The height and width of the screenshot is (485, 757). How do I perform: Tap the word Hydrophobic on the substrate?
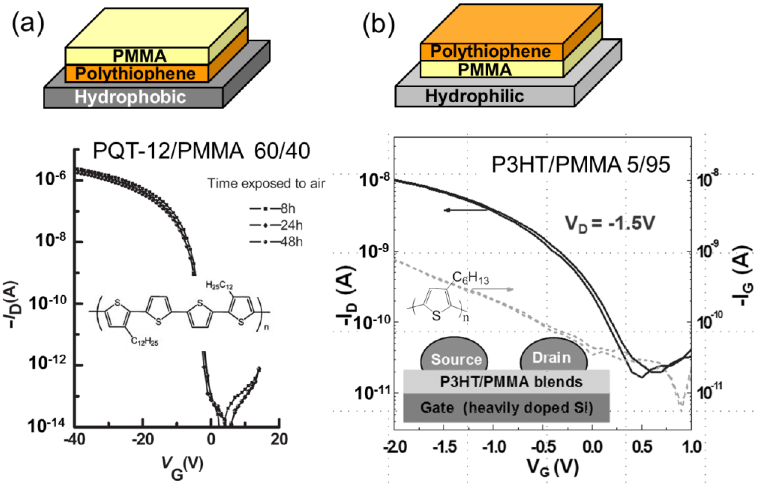pyautogui.click(x=130, y=97)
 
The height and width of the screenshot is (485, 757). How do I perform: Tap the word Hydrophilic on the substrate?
pyautogui.click(x=474, y=96)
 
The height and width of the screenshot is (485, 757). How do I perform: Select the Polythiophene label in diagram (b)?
pyautogui.click(x=490, y=51)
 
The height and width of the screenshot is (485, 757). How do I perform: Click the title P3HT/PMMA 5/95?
pyautogui.click(x=580, y=165)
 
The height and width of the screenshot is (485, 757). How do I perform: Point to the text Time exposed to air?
pyautogui.click(x=266, y=183)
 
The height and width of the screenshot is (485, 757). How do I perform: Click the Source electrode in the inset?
pyautogui.click(x=456, y=359)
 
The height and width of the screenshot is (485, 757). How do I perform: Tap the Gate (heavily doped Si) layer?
pyautogui.click(x=506, y=408)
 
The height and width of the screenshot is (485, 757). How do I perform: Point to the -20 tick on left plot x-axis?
pyautogui.click(x=142, y=440)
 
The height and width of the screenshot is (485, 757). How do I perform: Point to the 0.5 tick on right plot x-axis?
pyautogui.click(x=642, y=447)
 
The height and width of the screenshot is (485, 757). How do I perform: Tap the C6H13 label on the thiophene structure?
pyautogui.click(x=471, y=278)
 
